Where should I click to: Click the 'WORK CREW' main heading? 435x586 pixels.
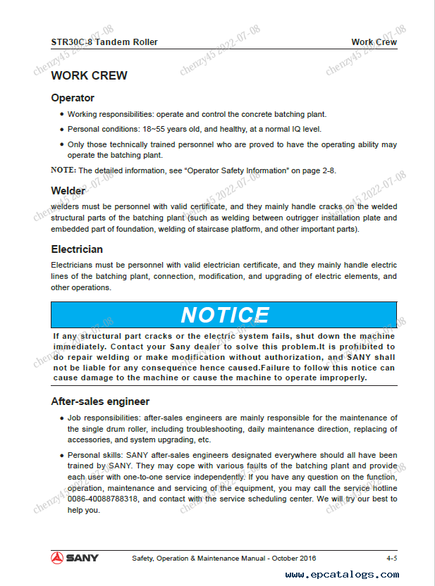click(x=89, y=75)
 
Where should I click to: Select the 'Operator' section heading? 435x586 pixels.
click(x=73, y=98)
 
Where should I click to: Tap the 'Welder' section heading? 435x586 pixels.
click(x=68, y=191)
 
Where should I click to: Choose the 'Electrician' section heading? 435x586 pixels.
click(x=77, y=249)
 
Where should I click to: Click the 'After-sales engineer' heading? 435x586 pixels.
click(x=100, y=401)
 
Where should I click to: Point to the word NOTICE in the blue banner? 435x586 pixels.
click(x=224, y=315)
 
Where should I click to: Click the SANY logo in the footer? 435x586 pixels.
click(x=74, y=558)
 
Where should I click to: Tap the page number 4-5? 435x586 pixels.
click(x=391, y=559)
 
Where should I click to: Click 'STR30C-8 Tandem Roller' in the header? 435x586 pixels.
click(x=104, y=42)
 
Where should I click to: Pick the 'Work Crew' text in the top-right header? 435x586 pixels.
click(x=374, y=42)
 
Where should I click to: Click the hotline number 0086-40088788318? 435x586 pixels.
click(x=97, y=499)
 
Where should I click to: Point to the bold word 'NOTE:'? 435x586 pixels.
click(x=63, y=170)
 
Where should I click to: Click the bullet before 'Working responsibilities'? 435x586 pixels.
click(x=61, y=114)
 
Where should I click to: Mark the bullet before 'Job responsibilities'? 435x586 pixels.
click(x=61, y=418)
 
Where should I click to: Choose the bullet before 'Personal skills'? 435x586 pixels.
click(x=61, y=455)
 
